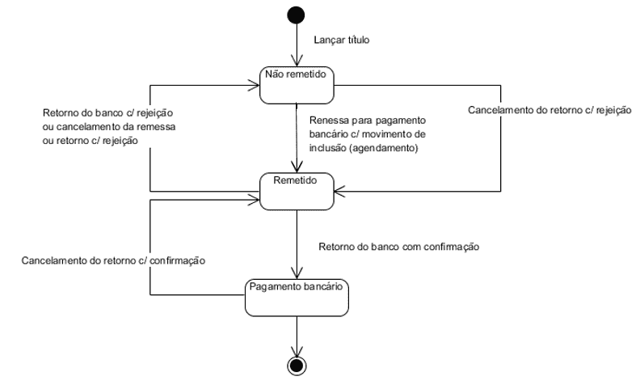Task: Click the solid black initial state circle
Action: coord(298,15)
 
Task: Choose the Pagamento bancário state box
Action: coord(298,297)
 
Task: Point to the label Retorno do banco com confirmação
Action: coord(399,246)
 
